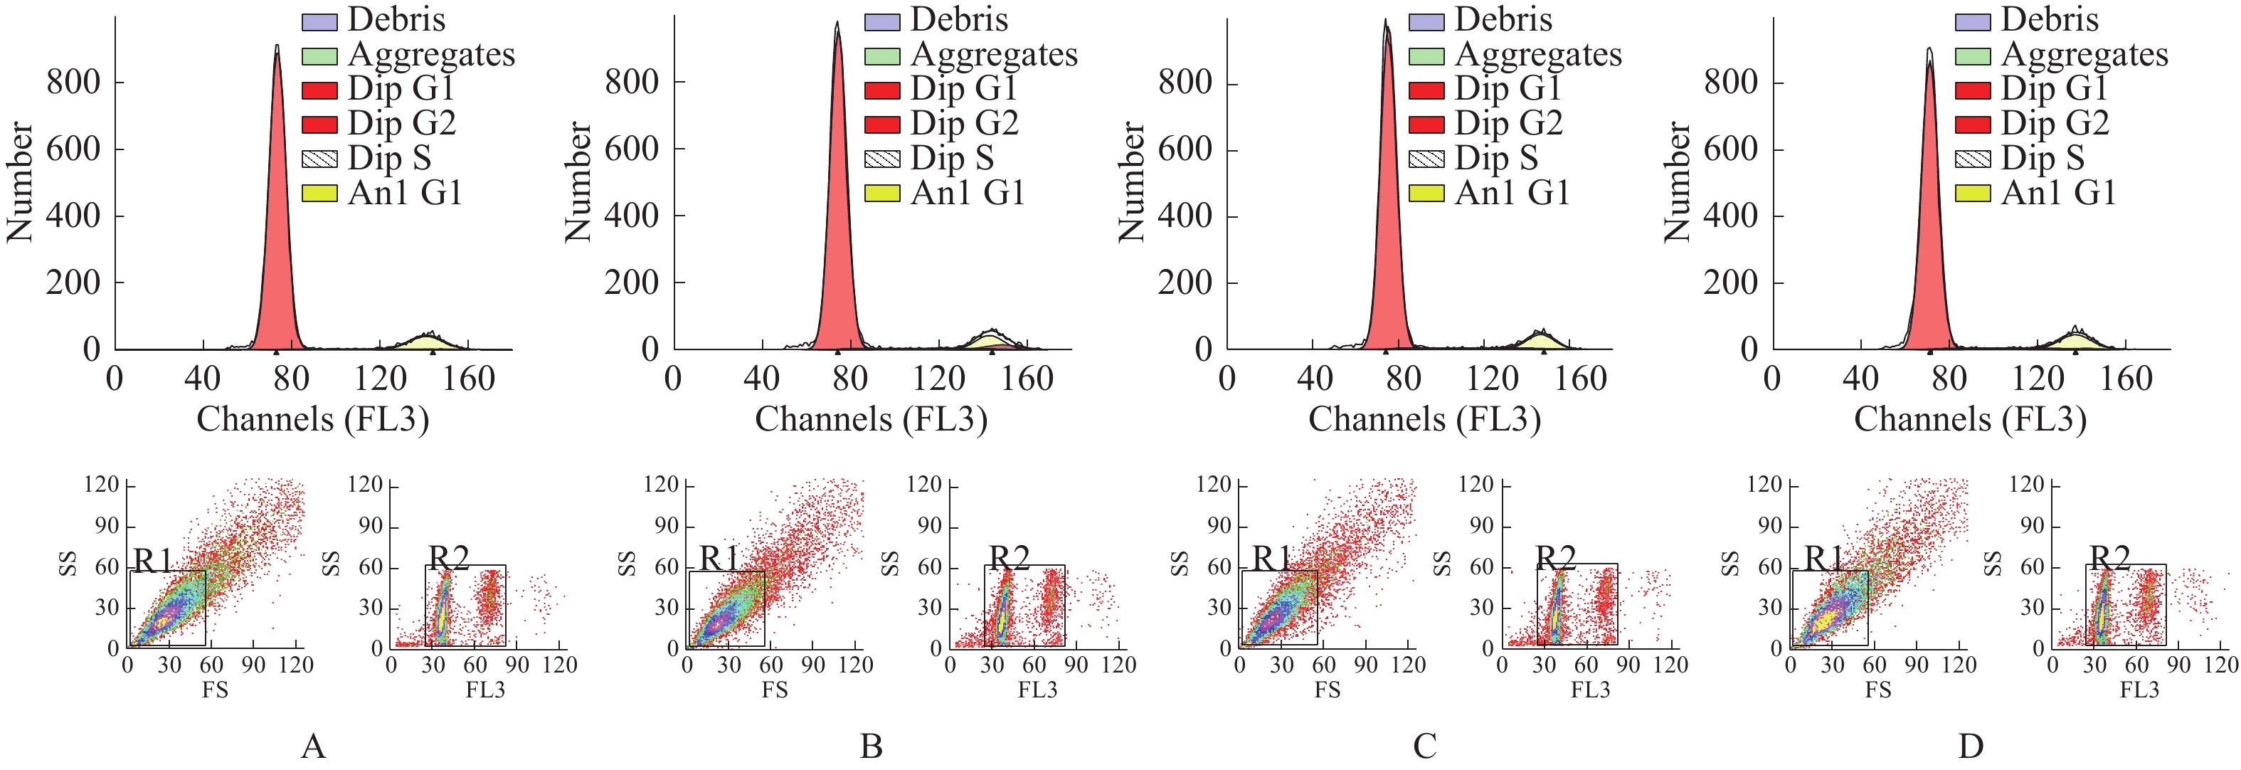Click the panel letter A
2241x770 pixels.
[x=313, y=746]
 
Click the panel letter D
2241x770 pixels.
[x=1971, y=746]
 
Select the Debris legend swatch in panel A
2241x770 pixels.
[x=319, y=21]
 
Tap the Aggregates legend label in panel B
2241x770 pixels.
[x=993, y=54]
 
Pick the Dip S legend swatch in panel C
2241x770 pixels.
[x=1426, y=159]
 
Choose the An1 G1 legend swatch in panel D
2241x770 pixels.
[x=1972, y=193]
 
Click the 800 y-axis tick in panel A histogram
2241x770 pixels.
[x=73, y=83]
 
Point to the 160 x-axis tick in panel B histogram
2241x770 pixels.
[x=1027, y=379]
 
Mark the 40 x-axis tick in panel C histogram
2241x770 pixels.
[x=1315, y=379]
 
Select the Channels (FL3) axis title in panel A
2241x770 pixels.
[x=313, y=419]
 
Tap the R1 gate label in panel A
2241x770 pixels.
[x=153, y=561]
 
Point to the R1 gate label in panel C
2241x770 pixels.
[x=1272, y=559]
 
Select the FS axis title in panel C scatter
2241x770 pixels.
[x=1327, y=690]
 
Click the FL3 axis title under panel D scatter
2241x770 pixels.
[x=2139, y=690]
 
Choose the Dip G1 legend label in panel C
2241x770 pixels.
[x=1508, y=89]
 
